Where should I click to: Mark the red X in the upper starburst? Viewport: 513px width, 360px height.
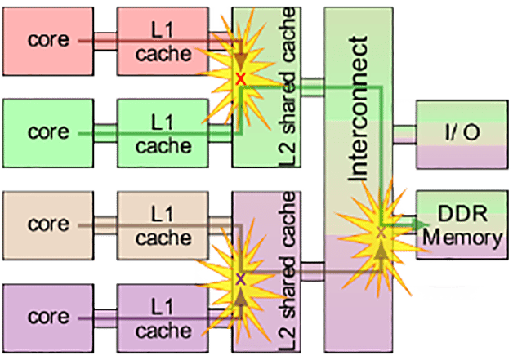tap(240, 79)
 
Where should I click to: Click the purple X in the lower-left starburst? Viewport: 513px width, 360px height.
tap(240, 280)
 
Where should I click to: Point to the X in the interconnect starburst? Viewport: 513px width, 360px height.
tap(380, 233)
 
